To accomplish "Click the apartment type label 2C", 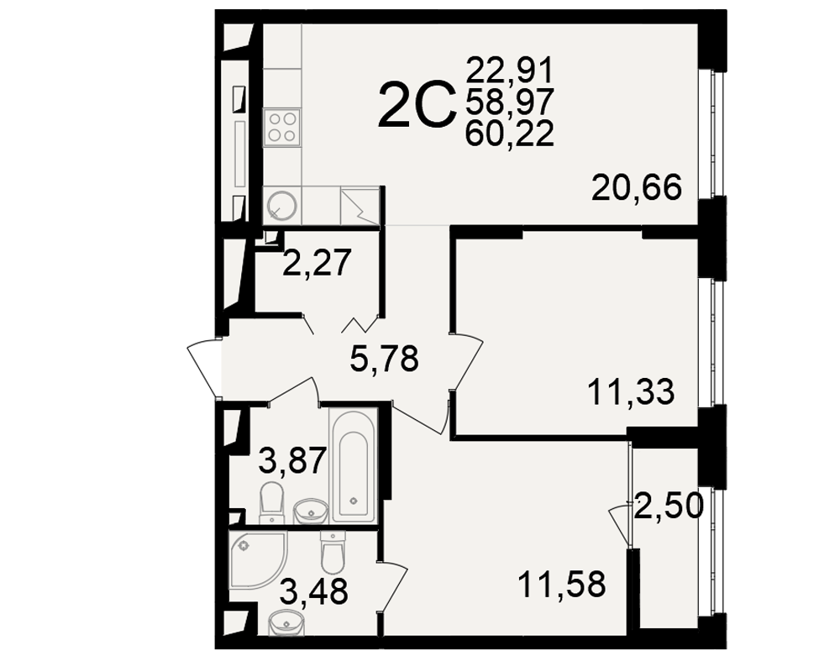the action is [x=417, y=106].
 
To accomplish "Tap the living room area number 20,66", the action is [x=637, y=187].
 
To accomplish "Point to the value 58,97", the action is [x=510, y=102].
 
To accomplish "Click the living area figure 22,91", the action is [x=510, y=70].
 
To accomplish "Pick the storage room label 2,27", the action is [x=318, y=263].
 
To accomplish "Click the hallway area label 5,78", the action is [x=384, y=359].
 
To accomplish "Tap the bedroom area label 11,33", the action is [x=631, y=391].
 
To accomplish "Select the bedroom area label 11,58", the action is [x=562, y=584].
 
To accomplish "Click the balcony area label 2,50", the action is [x=668, y=506].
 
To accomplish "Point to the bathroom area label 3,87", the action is [x=292, y=461].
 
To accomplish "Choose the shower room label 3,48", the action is [x=314, y=592].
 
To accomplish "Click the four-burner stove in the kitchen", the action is [x=281, y=127].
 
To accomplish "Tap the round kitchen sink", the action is [x=282, y=205].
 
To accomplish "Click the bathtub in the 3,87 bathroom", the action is [x=353, y=464].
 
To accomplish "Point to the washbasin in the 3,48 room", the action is [x=285, y=623].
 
